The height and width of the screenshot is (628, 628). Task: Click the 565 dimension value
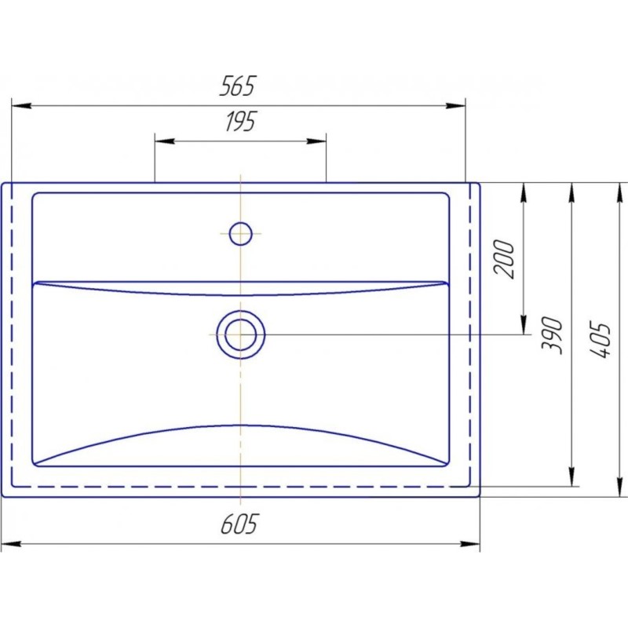[x=237, y=86]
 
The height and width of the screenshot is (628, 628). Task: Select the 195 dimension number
[x=240, y=122]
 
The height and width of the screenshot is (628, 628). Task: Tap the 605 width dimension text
[x=239, y=524]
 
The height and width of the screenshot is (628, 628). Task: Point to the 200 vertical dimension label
[x=503, y=259]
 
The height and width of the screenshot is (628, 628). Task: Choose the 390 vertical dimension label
[x=552, y=336]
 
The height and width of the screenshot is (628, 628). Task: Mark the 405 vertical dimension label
[x=600, y=339]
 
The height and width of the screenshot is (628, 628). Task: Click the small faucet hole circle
[x=241, y=233]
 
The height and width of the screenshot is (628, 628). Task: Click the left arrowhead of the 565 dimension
[x=21, y=106]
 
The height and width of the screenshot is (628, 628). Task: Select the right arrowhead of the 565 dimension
[x=456, y=106]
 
